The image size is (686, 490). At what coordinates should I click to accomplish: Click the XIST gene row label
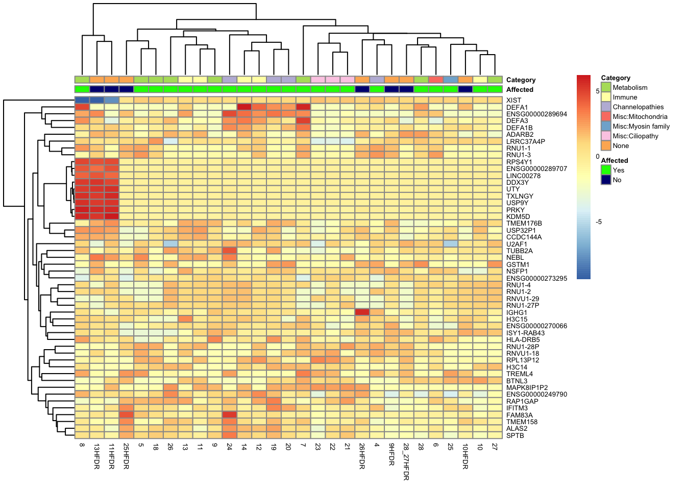[x=513, y=101]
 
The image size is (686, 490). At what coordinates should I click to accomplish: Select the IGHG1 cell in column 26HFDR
[x=362, y=312]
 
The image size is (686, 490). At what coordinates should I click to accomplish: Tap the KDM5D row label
[x=518, y=217]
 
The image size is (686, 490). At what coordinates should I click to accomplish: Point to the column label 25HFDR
[x=126, y=456]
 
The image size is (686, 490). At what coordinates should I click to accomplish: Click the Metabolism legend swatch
[x=606, y=87]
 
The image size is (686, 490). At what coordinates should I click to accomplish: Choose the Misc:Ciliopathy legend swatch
[x=606, y=136]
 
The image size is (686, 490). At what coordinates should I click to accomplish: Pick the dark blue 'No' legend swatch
[x=606, y=180]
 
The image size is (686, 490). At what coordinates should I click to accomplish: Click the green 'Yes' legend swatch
[x=606, y=170]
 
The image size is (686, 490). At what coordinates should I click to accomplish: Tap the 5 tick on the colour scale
[x=598, y=91]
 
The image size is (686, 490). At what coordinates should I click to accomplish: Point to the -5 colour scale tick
[x=599, y=222]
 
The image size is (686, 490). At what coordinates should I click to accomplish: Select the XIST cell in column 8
[x=82, y=100]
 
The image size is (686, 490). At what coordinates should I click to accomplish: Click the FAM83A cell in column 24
[x=229, y=414]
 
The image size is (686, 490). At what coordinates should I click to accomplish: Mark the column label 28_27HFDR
[x=406, y=462]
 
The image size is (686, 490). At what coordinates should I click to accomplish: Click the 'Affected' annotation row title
[x=520, y=89]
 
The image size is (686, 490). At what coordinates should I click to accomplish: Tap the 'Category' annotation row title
[x=521, y=80]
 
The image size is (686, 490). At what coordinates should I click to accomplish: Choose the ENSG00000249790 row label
[x=536, y=394]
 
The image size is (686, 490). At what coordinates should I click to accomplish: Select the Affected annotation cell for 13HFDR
[x=96, y=89]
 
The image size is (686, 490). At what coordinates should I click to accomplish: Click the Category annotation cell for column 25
[x=450, y=80]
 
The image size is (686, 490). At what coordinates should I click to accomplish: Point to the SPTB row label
[x=515, y=435]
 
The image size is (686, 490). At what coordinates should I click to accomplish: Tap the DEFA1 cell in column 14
[x=244, y=107]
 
